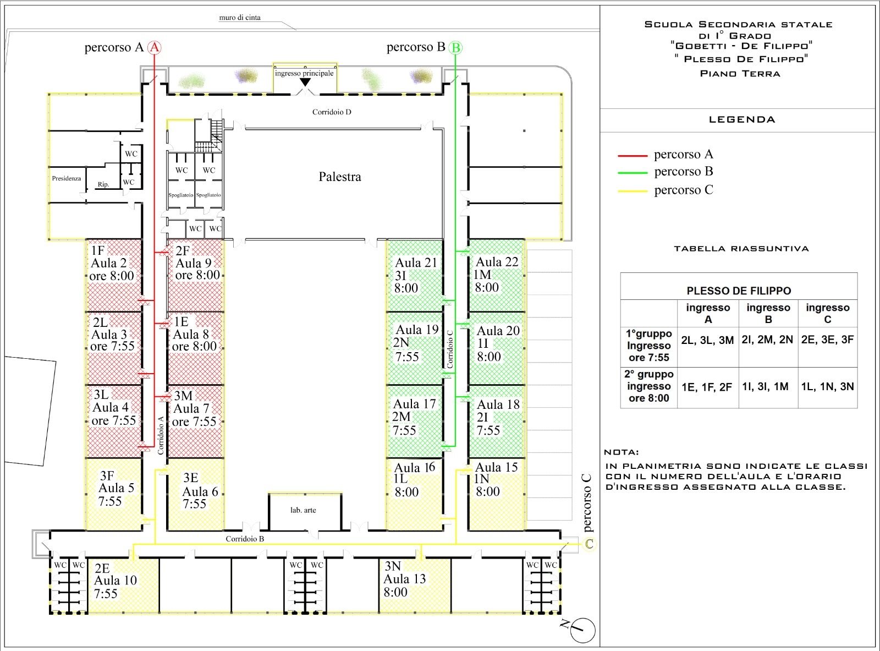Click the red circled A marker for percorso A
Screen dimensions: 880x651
pyautogui.click(x=154, y=48)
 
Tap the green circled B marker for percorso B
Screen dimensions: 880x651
pyautogui.click(x=455, y=48)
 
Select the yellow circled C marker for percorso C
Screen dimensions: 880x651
pyautogui.click(x=589, y=544)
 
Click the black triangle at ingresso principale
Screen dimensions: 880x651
pyautogui.click(x=305, y=82)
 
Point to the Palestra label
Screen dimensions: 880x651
pyautogui.click(x=340, y=177)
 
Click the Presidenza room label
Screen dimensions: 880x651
pyautogui.click(x=66, y=178)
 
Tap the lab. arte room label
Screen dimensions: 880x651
pyautogui.click(x=303, y=510)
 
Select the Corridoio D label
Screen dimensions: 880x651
pyautogui.click(x=332, y=112)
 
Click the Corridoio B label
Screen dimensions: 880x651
pyautogui.click(x=245, y=539)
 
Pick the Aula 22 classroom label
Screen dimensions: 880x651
pyautogui.click(x=497, y=262)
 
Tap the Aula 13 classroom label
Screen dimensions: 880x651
pyautogui.click(x=404, y=579)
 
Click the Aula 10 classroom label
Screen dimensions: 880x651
pyautogui.click(x=116, y=581)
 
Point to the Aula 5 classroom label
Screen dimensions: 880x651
pyautogui.click(x=116, y=488)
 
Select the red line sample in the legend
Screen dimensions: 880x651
pyautogui.click(x=632, y=156)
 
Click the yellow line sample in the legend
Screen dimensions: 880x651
pyautogui.click(x=632, y=192)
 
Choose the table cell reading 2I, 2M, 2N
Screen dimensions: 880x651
pyautogui.click(x=767, y=340)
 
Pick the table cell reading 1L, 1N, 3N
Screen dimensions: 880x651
pyautogui.click(x=827, y=387)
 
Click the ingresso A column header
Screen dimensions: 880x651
pyautogui.click(x=708, y=313)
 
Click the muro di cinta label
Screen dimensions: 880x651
pyautogui.click(x=240, y=18)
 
